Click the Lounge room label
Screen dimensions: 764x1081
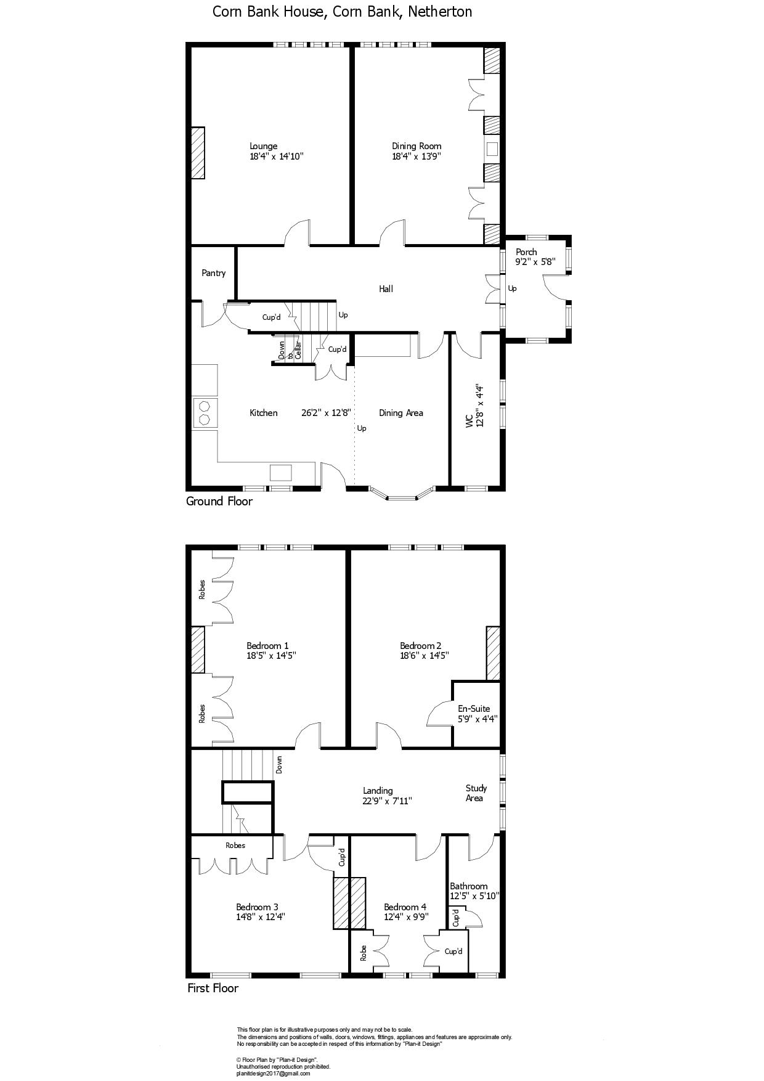coord(263,146)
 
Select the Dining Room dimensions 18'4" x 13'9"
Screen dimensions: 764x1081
coord(417,157)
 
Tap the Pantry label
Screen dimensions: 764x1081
coord(213,273)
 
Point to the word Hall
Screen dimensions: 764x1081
coord(386,288)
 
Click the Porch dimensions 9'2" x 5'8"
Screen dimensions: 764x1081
coord(535,261)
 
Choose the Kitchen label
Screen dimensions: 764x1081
coord(263,413)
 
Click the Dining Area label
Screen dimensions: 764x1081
coord(400,413)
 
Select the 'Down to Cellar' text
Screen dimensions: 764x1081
coord(290,350)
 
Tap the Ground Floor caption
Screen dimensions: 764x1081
coord(219,501)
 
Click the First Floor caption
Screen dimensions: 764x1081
coord(213,988)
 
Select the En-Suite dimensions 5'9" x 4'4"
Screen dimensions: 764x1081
coord(477,719)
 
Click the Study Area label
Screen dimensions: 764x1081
coord(476,793)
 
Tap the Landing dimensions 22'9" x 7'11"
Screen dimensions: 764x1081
coord(387,801)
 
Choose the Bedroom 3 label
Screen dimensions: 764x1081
coord(257,907)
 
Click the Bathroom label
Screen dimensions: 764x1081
coord(468,886)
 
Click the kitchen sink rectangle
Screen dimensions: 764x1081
coord(281,473)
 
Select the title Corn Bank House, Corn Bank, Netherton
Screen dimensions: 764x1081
coord(343,12)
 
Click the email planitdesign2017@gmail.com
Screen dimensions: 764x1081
coord(273,1074)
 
